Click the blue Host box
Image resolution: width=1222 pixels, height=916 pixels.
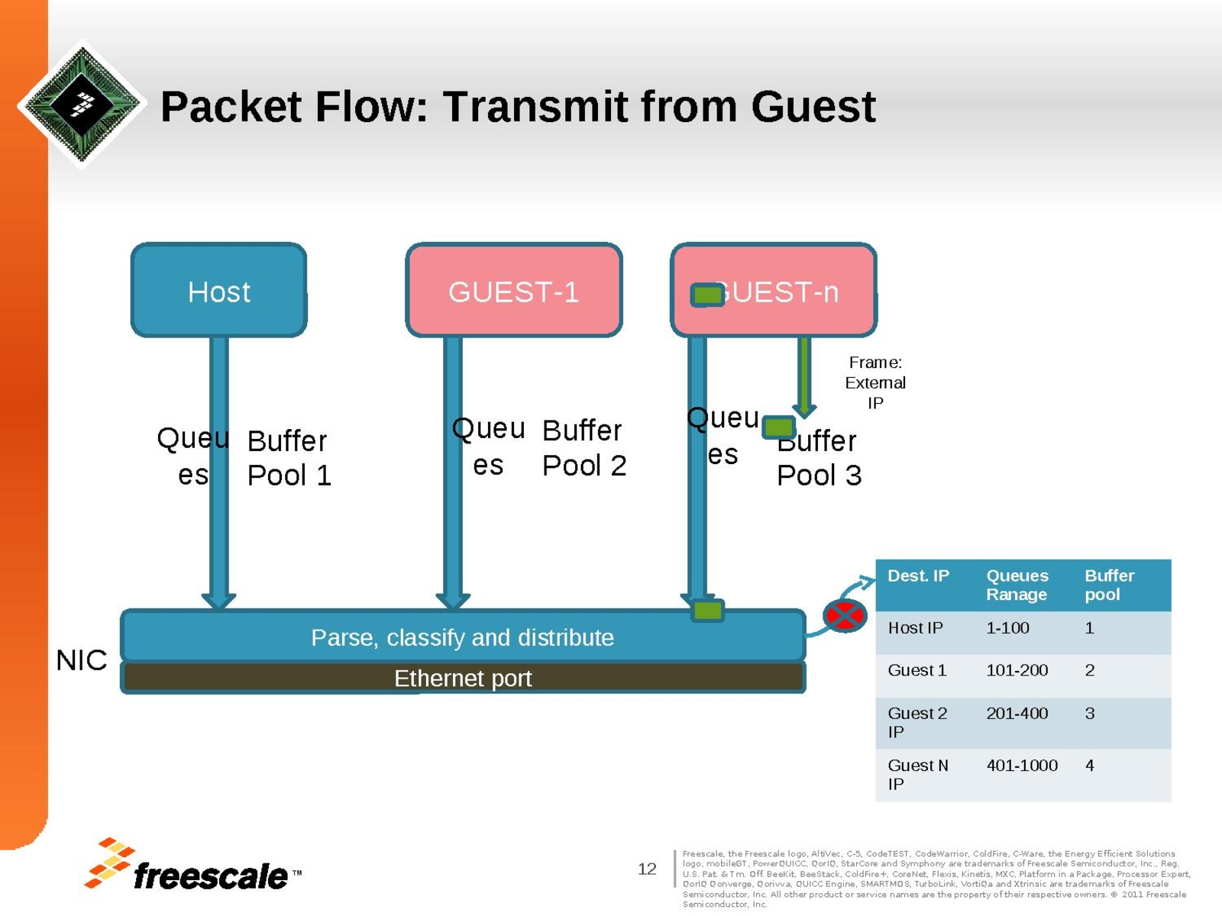219,291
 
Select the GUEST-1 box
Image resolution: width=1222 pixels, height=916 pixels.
513,291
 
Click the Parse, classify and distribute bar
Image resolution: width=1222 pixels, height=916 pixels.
462,637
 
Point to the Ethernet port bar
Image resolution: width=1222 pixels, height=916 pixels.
462,678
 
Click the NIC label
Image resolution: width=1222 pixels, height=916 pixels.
82,660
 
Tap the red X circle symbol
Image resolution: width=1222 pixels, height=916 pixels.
845,615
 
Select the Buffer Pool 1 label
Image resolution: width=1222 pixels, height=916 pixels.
289,457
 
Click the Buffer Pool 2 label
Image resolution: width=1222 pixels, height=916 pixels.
584,447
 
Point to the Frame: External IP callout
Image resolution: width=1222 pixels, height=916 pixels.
875,382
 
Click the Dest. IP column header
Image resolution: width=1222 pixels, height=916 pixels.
918,576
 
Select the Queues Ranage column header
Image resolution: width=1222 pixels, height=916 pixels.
1017,585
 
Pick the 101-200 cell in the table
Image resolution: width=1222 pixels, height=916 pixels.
1017,670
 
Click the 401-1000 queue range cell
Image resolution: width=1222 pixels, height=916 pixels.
1021,765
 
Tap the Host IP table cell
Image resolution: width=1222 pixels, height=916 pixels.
915,627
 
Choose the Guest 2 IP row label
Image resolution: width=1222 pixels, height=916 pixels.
916,722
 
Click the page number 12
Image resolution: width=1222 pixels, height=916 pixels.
647,869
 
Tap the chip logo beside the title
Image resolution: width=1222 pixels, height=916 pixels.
82,104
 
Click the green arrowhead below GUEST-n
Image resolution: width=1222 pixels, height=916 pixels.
804,409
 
